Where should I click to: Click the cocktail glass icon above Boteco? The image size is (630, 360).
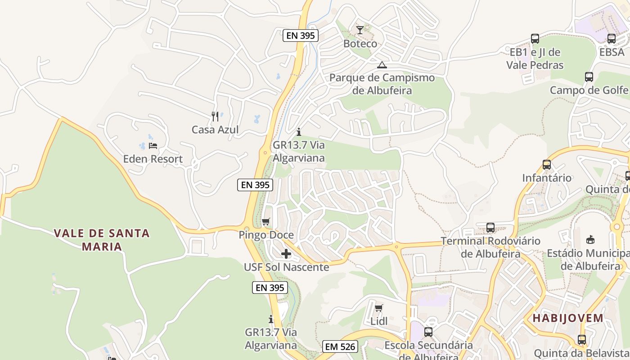click(360, 30)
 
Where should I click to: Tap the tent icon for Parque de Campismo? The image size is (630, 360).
click(382, 65)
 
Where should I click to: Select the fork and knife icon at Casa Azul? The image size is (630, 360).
click(215, 117)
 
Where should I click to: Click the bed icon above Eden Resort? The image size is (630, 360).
click(153, 146)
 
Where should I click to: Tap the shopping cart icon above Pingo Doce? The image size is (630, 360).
click(266, 222)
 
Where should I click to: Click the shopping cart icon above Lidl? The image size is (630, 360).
click(379, 308)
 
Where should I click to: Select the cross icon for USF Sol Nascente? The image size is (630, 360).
click(286, 254)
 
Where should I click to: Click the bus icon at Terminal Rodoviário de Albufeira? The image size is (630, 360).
click(490, 228)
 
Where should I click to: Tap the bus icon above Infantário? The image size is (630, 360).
click(547, 165)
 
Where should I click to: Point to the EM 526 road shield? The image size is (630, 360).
click(341, 346)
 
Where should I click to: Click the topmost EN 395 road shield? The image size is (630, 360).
click(301, 36)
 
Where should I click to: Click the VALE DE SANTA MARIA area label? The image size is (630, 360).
click(102, 240)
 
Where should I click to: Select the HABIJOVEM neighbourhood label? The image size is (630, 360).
click(568, 318)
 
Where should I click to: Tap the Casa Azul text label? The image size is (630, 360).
click(215, 130)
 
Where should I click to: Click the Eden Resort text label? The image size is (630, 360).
click(153, 159)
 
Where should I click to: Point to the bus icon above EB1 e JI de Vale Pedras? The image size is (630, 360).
click(535, 39)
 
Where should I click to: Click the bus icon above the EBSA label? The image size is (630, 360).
click(612, 39)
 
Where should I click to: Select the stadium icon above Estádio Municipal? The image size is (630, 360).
click(590, 239)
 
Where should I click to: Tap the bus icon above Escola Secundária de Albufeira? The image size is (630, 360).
click(428, 332)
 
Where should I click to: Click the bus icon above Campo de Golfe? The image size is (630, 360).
click(589, 77)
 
